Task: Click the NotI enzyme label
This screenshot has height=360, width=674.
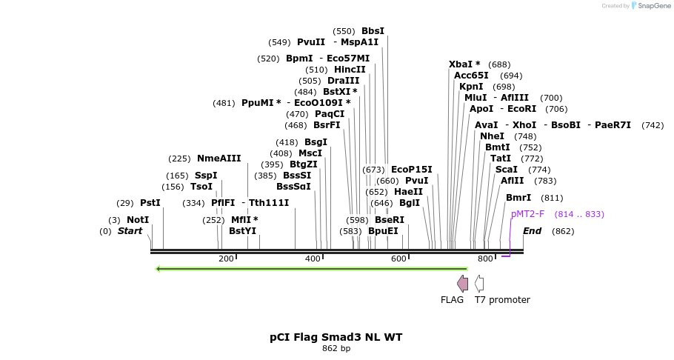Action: pyautogui.click(x=138, y=220)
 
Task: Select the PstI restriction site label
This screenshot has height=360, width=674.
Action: pyautogui.click(x=150, y=203)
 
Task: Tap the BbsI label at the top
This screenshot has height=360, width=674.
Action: pyautogui.click(x=373, y=31)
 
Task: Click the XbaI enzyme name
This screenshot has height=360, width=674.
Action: pyautogui.click(x=464, y=64)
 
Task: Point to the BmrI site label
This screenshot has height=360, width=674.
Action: pyautogui.click(x=518, y=198)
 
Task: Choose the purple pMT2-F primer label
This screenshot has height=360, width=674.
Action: pyautogui.click(x=527, y=214)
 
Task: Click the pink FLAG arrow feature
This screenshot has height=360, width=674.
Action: pyautogui.click(x=462, y=283)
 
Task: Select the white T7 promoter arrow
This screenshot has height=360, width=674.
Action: pyautogui.click(x=479, y=283)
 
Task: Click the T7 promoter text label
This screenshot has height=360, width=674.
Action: pyautogui.click(x=502, y=300)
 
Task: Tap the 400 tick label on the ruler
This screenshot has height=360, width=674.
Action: pyautogui.click(x=313, y=259)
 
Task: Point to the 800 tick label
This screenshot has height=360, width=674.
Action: pyautogui.click(x=485, y=259)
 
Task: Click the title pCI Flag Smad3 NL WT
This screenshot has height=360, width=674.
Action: pyautogui.click(x=336, y=337)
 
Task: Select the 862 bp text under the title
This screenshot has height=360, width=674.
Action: pyautogui.click(x=336, y=349)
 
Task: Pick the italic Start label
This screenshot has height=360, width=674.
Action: pyautogui.click(x=130, y=231)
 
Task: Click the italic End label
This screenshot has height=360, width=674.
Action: pyautogui.click(x=532, y=231)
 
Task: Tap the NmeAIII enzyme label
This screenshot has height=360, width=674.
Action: pyautogui.click(x=219, y=159)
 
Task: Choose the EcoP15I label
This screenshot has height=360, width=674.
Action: pyautogui.click(x=411, y=170)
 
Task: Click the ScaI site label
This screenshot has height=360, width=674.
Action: pyautogui.click(x=507, y=170)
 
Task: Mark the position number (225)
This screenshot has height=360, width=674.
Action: pyautogui.click(x=179, y=159)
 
